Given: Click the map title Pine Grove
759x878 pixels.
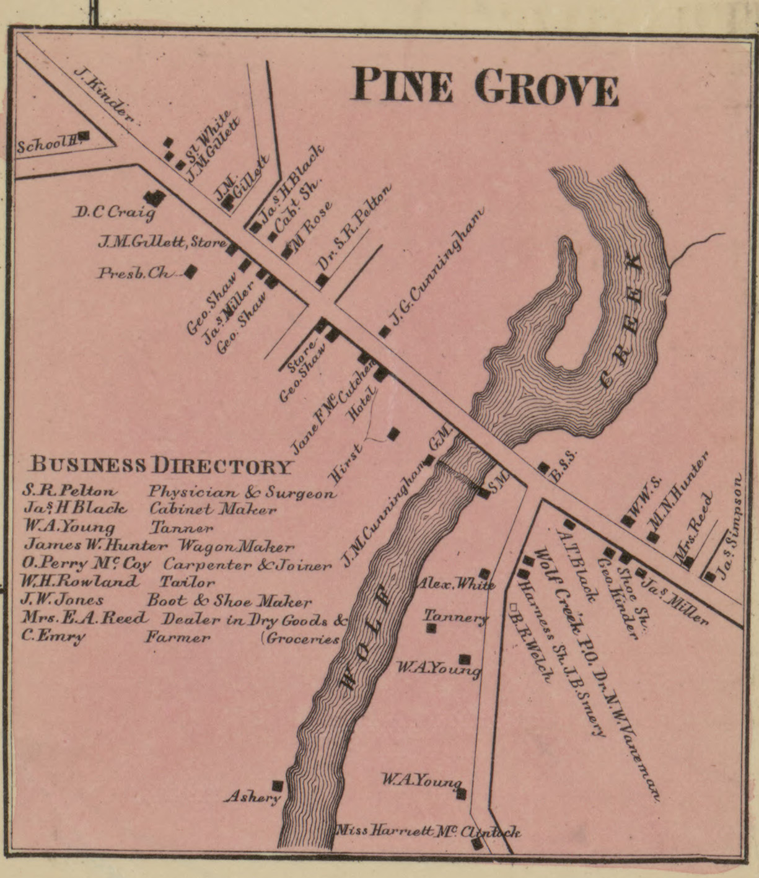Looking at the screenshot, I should (x=485, y=86).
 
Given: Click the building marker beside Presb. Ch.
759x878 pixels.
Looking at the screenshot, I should (x=191, y=271).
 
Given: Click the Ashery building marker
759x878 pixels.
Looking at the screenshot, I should (x=277, y=786).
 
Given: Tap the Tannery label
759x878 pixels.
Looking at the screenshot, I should (x=455, y=617).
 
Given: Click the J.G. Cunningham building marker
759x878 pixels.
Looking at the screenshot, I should (x=385, y=331).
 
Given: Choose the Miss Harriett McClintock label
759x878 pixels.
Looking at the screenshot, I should (x=428, y=832).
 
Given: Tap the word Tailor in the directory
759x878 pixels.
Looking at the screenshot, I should (x=187, y=582).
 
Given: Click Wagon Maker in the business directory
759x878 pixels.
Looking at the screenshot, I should (x=236, y=547).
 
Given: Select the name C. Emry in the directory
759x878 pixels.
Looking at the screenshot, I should (x=54, y=637).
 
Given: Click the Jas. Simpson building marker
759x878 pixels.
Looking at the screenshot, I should (x=709, y=576).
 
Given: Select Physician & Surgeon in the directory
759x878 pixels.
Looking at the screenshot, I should (x=242, y=493).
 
